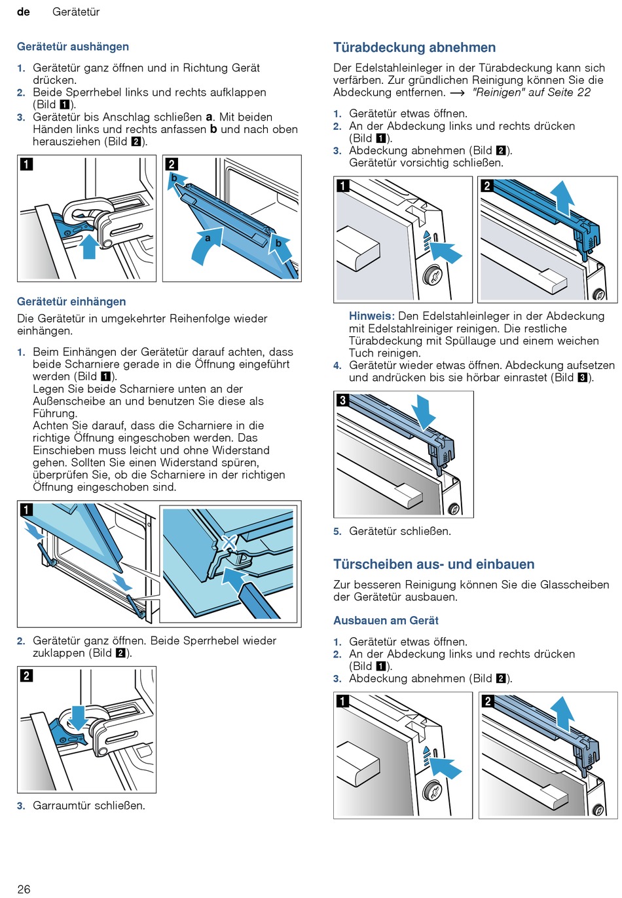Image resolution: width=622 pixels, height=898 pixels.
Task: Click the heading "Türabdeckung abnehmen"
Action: [414, 47]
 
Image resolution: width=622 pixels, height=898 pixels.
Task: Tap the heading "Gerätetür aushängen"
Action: [73, 47]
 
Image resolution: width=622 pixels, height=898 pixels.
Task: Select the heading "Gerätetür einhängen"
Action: [71, 302]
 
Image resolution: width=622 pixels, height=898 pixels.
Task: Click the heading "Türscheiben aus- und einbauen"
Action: [433, 564]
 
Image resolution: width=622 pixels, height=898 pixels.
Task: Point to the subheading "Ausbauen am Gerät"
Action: [386, 620]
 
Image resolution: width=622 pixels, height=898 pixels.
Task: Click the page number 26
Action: [24, 889]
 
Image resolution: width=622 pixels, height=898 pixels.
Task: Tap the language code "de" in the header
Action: [24, 12]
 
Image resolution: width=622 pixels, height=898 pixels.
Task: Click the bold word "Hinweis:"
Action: [371, 316]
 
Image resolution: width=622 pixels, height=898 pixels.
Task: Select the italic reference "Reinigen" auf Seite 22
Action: [531, 92]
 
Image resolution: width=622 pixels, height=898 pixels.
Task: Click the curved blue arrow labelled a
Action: [206, 246]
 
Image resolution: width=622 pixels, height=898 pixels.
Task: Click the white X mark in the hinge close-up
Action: [229, 543]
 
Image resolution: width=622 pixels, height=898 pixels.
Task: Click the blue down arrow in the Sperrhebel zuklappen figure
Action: [79, 716]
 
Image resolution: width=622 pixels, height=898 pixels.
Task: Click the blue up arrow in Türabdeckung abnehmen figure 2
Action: [561, 197]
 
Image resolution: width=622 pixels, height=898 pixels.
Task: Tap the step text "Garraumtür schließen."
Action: [89, 806]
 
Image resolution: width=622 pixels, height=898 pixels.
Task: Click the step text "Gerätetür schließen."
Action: [399, 531]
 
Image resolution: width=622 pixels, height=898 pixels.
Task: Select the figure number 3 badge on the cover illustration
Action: [342, 400]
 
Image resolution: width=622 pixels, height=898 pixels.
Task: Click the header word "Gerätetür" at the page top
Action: [76, 12]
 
